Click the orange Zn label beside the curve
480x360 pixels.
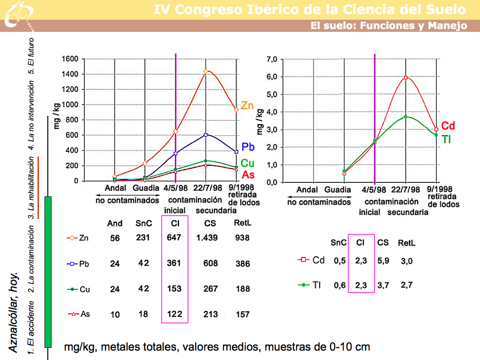[247, 106]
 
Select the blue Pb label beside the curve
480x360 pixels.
[247, 147]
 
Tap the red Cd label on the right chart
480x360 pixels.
[449, 126]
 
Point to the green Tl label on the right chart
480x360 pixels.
[446, 139]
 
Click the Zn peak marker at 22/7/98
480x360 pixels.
[205, 71]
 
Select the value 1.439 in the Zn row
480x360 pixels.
[207, 238]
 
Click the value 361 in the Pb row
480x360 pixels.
[174, 263]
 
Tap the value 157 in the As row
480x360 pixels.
[242, 315]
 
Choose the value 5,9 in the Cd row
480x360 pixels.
[383, 261]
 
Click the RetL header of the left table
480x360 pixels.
[242, 223]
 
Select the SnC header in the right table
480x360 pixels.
[338, 243]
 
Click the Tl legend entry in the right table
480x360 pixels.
[311, 285]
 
